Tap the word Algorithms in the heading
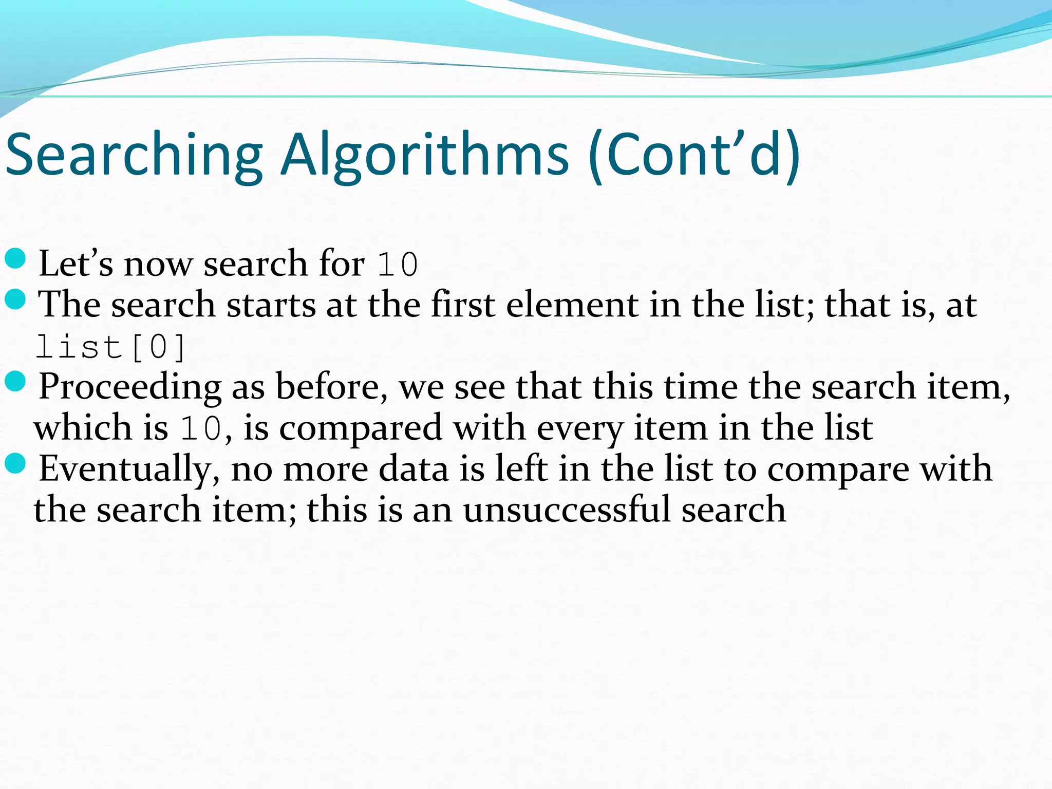(425, 155)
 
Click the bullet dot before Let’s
(15, 258)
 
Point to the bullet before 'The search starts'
(15, 299)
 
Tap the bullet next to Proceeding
(15, 382)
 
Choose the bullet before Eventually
(15, 464)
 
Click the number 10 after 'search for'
(398, 265)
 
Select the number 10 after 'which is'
(201, 428)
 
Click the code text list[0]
(110, 347)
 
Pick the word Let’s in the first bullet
(76, 264)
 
